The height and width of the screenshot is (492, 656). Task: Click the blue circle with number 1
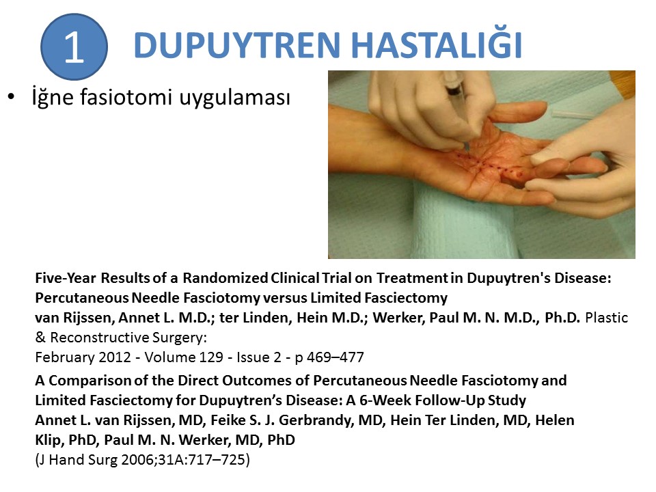[74, 47]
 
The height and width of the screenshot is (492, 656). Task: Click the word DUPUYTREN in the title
[237, 45]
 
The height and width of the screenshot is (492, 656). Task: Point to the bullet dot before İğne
[12, 97]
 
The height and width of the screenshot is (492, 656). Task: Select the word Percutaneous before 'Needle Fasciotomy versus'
[82, 297]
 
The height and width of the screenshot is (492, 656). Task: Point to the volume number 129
[210, 357]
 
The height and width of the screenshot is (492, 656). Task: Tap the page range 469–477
[335, 357]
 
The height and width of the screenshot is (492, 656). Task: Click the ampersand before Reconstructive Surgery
[40, 337]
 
